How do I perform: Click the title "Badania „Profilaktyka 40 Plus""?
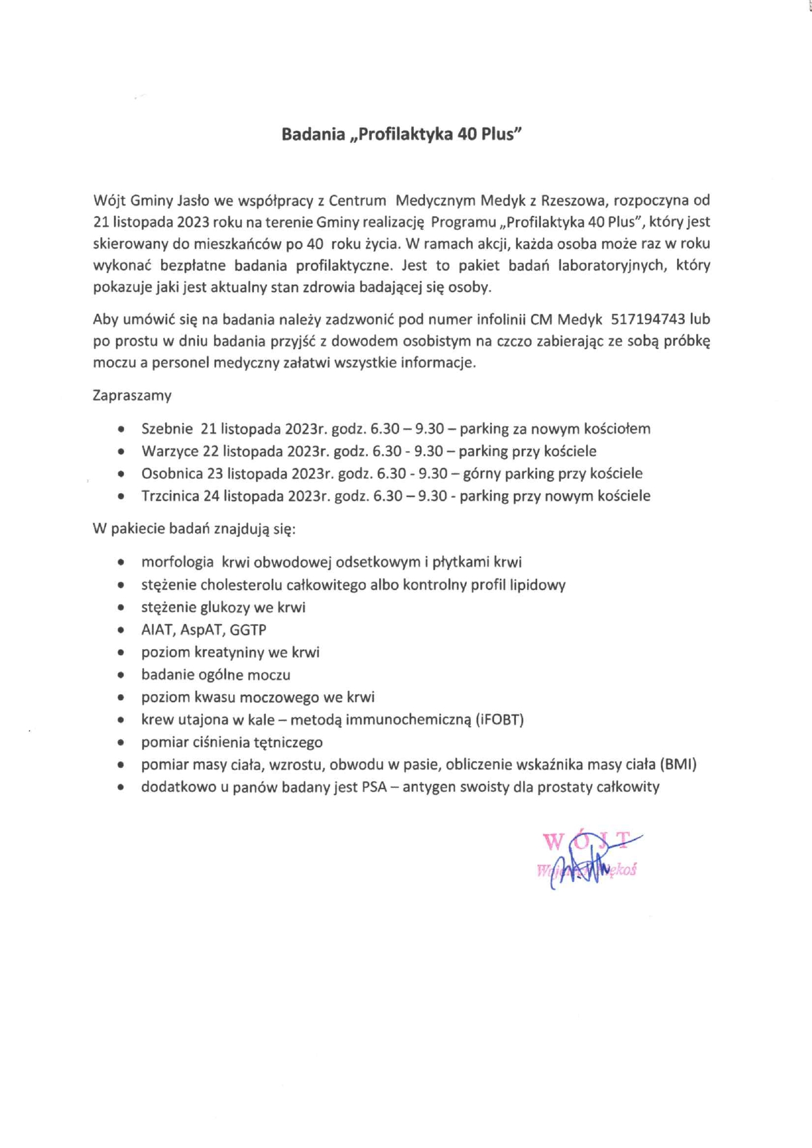tap(401, 134)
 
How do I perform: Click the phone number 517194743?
tap(648, 320)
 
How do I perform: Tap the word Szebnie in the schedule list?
tap(167, 429)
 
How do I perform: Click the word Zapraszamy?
tap(132, 396)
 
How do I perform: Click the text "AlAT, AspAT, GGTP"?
tap(204, 630)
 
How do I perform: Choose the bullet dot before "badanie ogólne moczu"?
tap(121, 675)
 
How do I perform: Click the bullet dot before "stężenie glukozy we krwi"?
tap(121, 608)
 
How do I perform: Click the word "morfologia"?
tap(177, 562)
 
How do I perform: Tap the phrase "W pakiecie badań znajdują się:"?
tap(194, 529)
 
